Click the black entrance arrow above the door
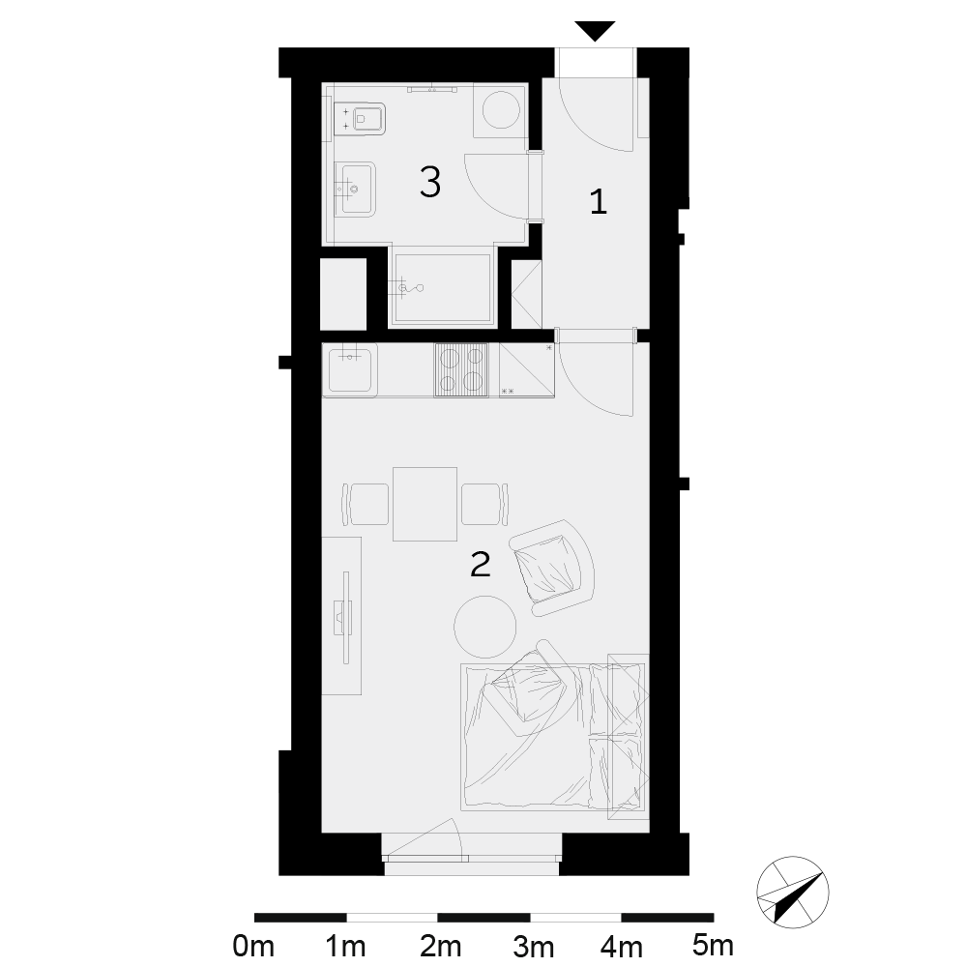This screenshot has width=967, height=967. [595, 30]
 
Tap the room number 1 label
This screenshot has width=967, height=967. [599, 202]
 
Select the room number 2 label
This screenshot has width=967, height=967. [480, 564]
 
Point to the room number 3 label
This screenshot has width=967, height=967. [430, 182]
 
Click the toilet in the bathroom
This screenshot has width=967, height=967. [360, 118]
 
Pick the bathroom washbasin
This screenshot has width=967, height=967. [355, 190]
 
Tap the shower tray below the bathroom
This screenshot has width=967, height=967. [442, 287]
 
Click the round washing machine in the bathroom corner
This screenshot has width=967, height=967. [500, 110]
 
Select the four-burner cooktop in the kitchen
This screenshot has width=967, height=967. [460, 370]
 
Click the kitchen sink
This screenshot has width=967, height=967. [350, 370]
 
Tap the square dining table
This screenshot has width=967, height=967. [425, 504]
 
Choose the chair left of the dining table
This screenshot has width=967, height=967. [365, 504]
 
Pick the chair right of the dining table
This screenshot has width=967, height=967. [485, 504]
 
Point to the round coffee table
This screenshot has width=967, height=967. [484, 627]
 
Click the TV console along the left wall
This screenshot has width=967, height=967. [341, 615]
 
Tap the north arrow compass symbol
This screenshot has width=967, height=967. [793, 892]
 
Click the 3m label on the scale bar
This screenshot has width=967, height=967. [534, 946]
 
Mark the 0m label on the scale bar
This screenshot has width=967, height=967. [253, 946]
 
